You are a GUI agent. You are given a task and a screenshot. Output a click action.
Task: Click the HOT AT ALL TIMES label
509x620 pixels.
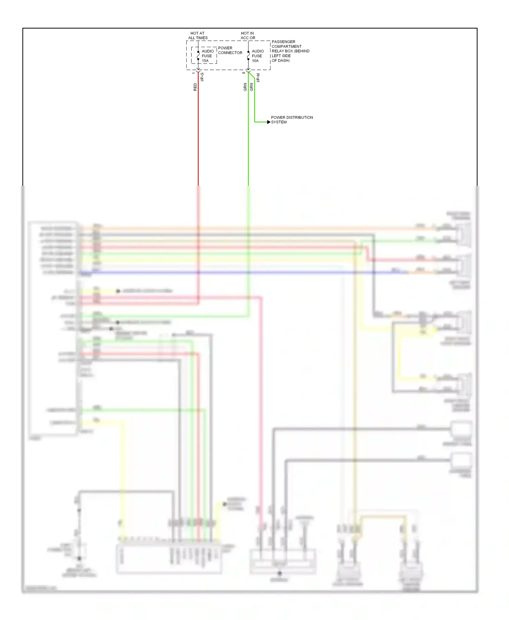point(197,36)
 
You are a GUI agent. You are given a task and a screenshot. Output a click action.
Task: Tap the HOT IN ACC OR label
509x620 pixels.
point(248,36)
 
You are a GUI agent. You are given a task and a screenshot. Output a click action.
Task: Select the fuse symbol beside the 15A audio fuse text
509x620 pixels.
point(198,56)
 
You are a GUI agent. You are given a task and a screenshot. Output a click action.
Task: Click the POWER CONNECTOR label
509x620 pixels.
point(230,50)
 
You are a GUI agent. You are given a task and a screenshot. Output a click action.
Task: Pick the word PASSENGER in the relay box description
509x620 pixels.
point(283,42)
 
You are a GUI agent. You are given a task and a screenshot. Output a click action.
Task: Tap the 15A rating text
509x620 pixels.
point(205,61)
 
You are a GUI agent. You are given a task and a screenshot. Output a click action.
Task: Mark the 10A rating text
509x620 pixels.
point(255,61)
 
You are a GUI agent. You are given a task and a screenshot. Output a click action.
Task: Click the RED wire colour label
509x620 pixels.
point(195,87)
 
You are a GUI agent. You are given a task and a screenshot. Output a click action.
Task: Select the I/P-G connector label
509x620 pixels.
point(202,77)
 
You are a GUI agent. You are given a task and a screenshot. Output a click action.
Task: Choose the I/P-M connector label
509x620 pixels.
point(258,78)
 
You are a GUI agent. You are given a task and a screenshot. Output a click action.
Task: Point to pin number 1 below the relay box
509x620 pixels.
point(193,73)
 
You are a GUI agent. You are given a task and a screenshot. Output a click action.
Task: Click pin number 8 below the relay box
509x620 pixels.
point(244,73)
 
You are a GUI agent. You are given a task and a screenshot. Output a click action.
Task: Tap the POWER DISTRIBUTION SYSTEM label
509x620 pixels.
point(291,120)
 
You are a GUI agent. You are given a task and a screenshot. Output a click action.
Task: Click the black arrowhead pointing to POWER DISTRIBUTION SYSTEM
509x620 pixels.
point(269,122)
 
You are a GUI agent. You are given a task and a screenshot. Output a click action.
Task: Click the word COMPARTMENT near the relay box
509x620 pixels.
point(286,46)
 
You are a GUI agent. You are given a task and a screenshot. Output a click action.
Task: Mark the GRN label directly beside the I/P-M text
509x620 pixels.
point(251,87)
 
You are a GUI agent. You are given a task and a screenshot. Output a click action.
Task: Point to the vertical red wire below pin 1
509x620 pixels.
point(198,136)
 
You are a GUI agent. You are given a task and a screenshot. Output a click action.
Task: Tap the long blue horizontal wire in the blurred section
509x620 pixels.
point(238,272)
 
